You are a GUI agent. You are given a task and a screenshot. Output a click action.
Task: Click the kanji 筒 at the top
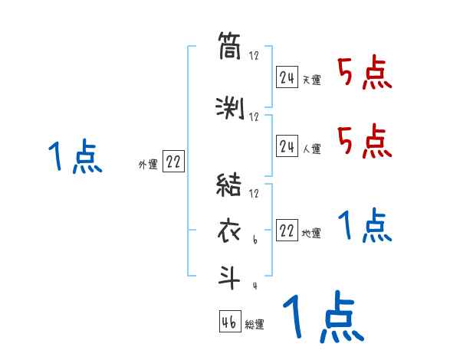tap(229, 48)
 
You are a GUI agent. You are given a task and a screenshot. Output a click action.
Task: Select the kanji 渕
tap(229, 109)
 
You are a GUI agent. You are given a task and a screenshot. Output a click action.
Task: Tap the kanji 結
tap(229, 186)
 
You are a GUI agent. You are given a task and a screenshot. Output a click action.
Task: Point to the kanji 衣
tap(229, 231)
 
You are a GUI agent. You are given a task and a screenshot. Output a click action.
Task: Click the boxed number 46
tap(229, 322)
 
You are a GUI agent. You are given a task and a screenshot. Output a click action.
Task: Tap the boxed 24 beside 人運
tap(287, 145)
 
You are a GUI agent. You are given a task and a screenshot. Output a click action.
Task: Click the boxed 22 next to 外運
tap(173, 162)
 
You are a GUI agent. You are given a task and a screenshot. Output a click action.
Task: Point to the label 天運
tap(311, 80)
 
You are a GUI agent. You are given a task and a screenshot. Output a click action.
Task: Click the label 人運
tap(311, 148)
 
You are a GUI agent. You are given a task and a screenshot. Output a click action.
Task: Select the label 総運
tap(255, 325)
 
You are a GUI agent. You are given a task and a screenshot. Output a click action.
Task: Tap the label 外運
tap(147, 165)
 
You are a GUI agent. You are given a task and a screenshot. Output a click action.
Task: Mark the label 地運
tap(311, 234)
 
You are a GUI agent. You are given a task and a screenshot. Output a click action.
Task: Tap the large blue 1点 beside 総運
tap(322, 317)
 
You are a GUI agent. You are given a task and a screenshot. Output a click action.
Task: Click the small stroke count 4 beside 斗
tap(254, 286)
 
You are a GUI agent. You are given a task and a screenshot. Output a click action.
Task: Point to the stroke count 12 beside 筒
tap(254, 55)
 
